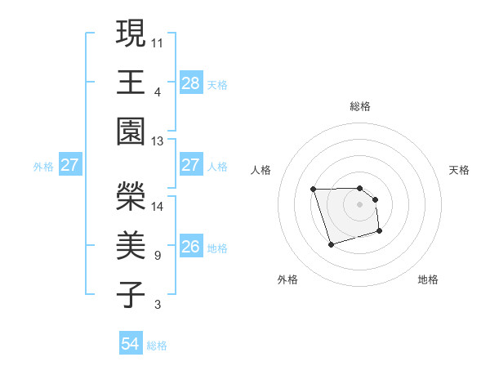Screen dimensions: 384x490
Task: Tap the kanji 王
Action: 131,82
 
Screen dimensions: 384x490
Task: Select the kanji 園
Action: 131,132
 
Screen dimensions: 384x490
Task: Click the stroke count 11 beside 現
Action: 158,41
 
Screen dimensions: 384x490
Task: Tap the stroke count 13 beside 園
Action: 158,141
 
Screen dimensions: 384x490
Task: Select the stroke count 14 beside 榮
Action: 158,206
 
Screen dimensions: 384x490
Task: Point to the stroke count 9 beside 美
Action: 157,256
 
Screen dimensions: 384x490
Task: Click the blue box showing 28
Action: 191,83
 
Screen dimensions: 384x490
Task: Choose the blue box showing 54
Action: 131,344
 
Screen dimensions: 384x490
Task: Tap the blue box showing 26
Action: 191,247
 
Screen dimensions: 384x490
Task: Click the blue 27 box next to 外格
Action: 69,165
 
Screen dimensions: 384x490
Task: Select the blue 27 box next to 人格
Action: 191,165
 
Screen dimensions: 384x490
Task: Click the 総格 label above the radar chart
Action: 360,106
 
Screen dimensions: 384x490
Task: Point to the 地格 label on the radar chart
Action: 428,279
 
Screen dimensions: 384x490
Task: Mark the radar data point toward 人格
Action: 313,190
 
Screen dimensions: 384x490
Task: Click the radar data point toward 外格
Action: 331,244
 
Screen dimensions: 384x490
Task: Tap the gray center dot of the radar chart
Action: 359,203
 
